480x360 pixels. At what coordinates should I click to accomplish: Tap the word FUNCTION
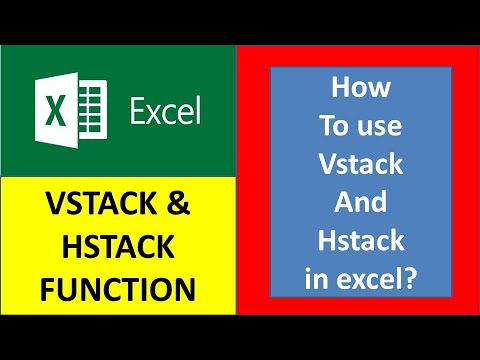pos(119,289)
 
